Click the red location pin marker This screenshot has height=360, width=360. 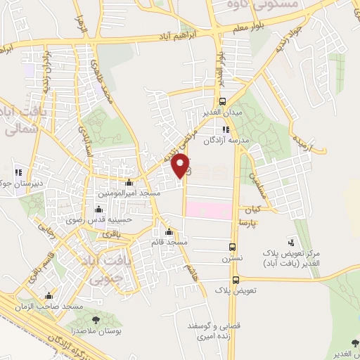tap(181, 165)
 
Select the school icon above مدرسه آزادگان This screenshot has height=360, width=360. tap(226, 129)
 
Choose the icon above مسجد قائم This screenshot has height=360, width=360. tap(168, 232)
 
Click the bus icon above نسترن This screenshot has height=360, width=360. tap(233, 247)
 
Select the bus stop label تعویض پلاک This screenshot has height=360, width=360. tap(236, 289)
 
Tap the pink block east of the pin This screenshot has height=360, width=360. tap(210, 210)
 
